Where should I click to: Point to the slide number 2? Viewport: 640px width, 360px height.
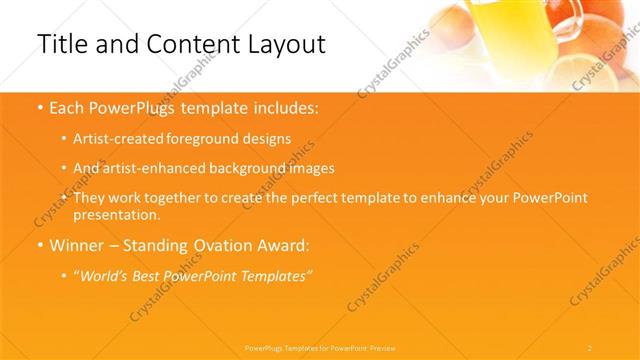tap(590, 347)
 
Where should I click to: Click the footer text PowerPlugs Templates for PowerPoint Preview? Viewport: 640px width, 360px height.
tap(320, 347)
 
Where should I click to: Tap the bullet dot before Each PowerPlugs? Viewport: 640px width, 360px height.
tap(39, 107)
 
